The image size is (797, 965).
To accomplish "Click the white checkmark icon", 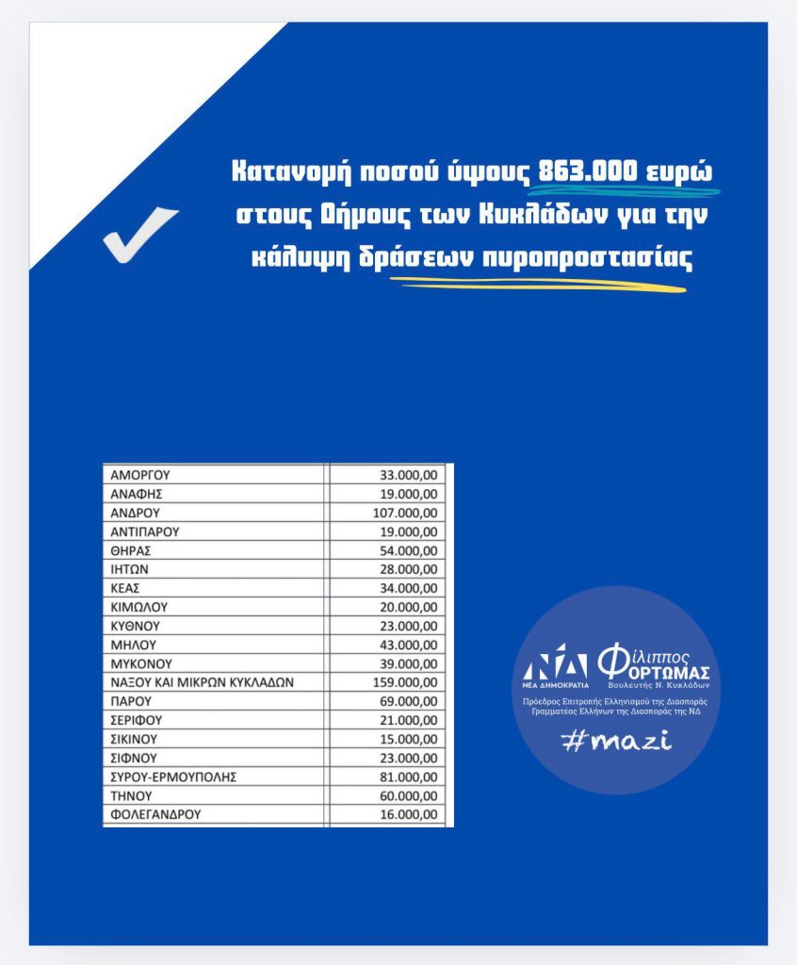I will pos(139,234).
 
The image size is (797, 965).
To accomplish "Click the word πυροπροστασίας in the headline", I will pos(586,259).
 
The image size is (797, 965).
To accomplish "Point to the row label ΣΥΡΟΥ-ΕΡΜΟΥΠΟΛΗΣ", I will pos(171,776).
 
